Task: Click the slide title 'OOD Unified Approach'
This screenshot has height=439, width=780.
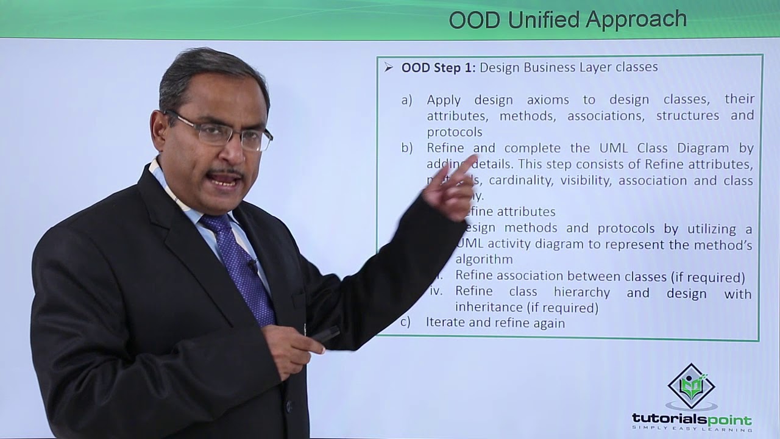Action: click(x=567, y=20)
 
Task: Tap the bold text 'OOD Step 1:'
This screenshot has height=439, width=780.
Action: click(x=438, y=67)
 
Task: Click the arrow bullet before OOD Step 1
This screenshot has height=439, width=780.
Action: click(x=388, y=67)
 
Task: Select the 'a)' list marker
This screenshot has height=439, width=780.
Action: click(x=406, y=99)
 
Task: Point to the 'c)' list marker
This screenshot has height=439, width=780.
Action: click(x=405, y=323)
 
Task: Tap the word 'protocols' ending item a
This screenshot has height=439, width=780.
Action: click(x=454, y=132)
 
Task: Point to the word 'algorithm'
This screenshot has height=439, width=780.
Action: click(x=484, y=260)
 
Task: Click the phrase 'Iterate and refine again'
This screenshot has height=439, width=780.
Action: click(x=495, y=323)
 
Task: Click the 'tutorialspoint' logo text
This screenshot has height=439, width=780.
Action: click(x=692, y=419)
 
